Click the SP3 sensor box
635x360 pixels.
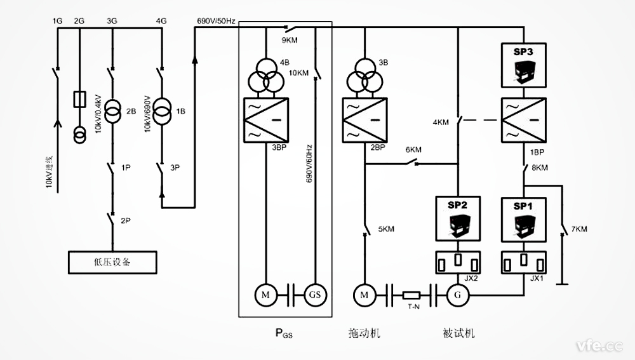coord(523,65)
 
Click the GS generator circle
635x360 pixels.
coord(314,295)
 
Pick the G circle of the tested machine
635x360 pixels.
coord(457,295)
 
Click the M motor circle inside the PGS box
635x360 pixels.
coord(263,295)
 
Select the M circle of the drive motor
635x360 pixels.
coord(364,295)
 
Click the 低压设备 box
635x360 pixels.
coord(112,261)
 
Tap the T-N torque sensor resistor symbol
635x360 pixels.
coord(413,295)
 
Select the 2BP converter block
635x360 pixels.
coord(364,121)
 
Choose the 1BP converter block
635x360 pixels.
coord(523,121)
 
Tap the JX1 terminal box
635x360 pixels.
coord(523,261)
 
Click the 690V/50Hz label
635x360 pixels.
coord(216,22)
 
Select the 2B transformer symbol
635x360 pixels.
coord(112,112)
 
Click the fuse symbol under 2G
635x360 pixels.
coord(79,100)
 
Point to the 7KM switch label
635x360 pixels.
coord(579,228)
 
